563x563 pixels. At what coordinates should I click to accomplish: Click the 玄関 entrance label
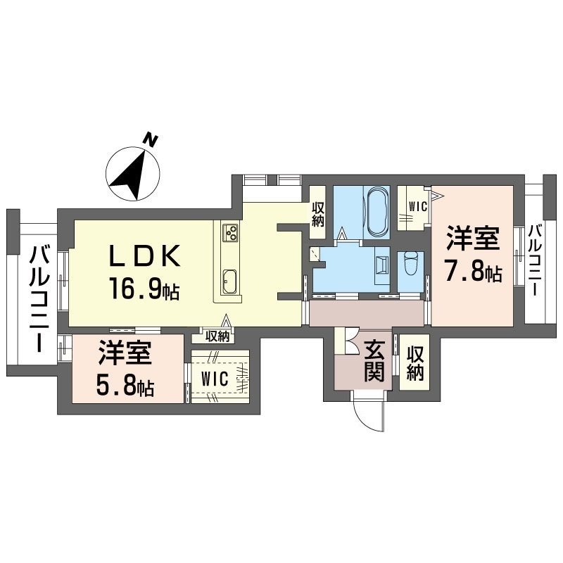click(x=374, y=360)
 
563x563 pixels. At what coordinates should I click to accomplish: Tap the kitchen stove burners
click(x=230, y=232)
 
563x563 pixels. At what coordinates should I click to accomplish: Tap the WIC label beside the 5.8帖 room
click(x=215, y=379)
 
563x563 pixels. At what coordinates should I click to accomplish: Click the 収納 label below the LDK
click(x=217, y=336)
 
